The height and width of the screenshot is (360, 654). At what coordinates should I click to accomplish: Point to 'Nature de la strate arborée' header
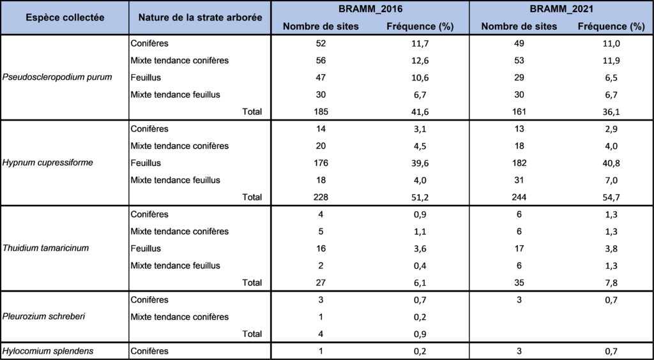coord(200,18)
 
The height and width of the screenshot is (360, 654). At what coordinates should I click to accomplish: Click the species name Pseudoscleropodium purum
coord(57,77)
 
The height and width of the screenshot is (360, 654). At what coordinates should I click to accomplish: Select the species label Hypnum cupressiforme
coord(47,163)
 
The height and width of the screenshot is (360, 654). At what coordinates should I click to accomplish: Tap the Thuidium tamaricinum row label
coord(45,248)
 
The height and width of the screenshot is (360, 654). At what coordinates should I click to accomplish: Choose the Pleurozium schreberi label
coord(44,317)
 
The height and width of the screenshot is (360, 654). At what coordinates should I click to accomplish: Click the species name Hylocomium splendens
coord(47,351)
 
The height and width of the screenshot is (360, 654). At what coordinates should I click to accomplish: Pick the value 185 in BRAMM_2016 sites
coord(321,112)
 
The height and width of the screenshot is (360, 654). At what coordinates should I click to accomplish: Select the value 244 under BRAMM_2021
coord(520,197)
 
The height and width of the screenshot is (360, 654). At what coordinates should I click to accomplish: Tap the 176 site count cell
coord(321,163)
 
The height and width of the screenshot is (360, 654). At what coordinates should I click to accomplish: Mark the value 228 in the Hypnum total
coord(321,197)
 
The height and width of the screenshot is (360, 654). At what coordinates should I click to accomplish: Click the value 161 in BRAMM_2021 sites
coord(520,112)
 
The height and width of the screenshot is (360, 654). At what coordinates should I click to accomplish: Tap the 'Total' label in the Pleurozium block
coord(252,334)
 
